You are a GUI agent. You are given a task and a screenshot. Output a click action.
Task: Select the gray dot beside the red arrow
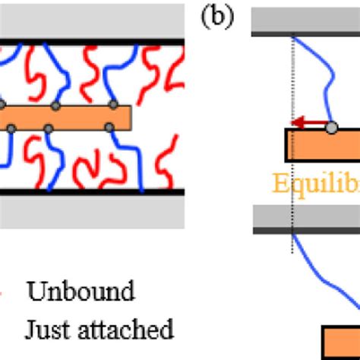click(331, 127)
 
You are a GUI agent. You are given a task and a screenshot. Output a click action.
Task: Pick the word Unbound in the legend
click(81, 291)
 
